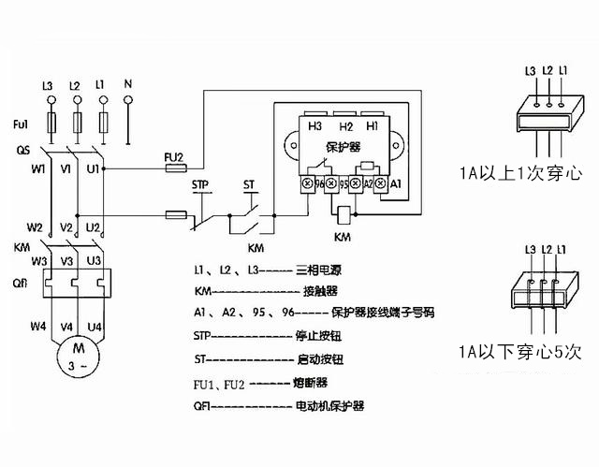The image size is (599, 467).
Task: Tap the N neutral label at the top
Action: click(x=127, y=85)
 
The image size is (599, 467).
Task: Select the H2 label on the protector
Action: click(x=345, y=125)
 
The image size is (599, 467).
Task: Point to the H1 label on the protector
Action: click(x=373, y=125)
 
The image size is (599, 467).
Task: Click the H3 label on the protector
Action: click(x=316, y=125)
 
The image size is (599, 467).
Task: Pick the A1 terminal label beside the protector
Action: click(x=395, y=183)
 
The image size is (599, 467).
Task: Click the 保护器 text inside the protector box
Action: click(x=344, y=148)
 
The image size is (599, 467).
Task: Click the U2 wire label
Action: click(x=93, y=227)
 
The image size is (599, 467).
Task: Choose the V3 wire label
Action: click(x=66, y=261)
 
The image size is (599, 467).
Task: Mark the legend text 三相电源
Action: click(x=315, y=268)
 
